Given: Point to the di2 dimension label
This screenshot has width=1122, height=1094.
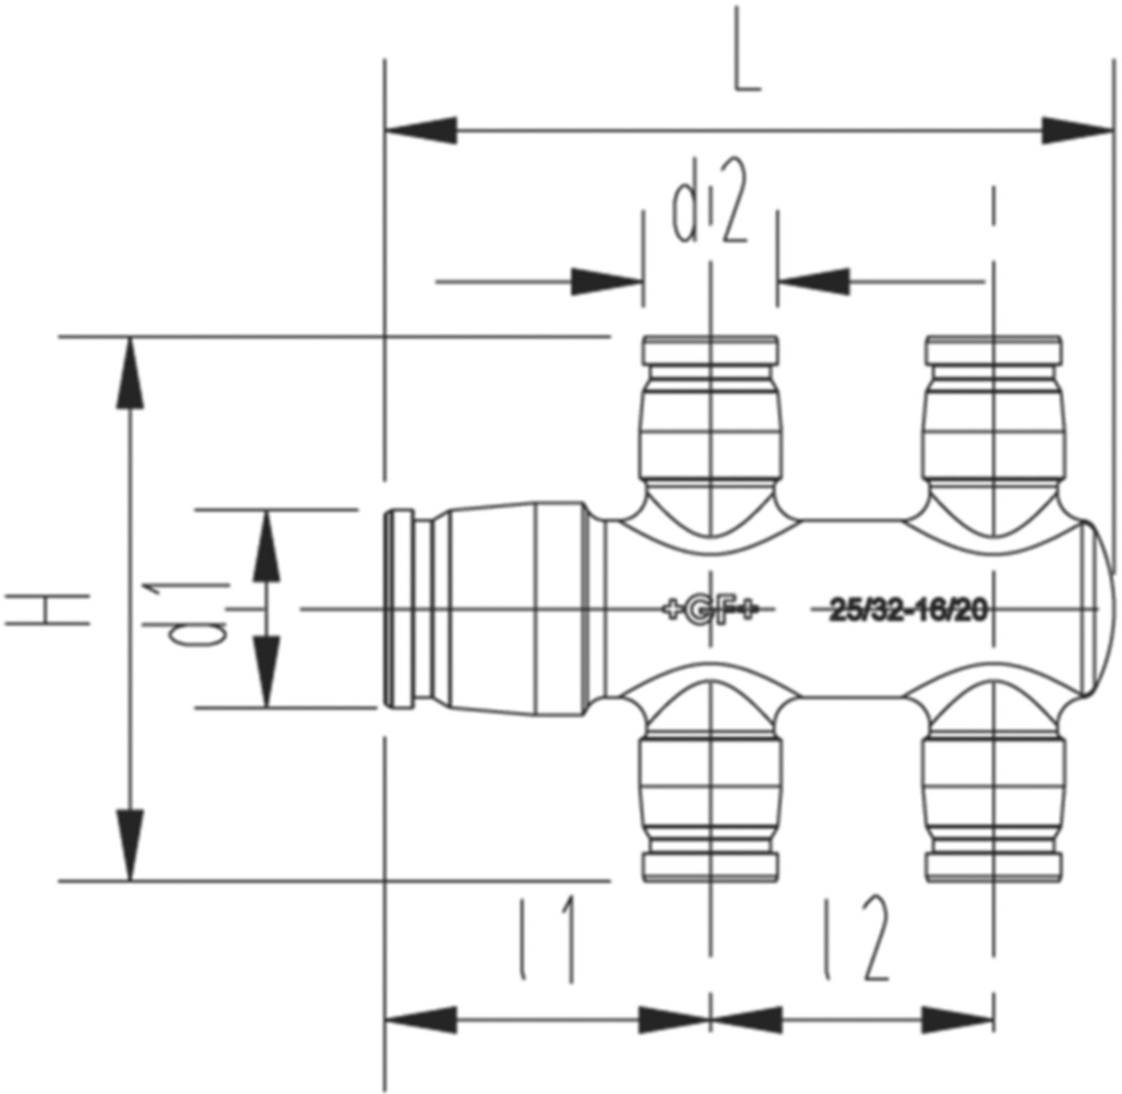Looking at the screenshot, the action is point(709,210).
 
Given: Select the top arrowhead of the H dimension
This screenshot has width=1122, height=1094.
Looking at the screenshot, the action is point(130,373).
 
